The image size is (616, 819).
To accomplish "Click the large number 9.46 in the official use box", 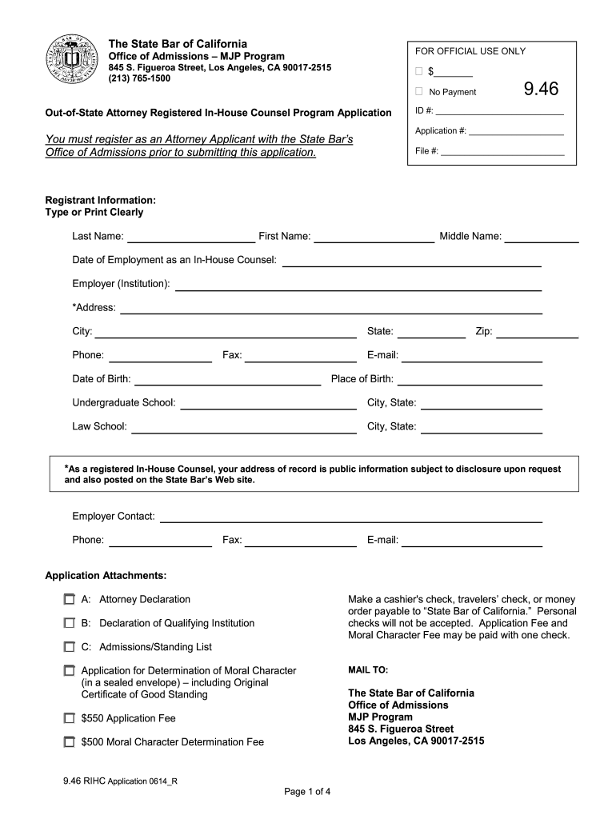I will coord(541,89).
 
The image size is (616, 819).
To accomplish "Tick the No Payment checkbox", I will coord(418,92).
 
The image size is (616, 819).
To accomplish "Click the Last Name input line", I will coord(190,237).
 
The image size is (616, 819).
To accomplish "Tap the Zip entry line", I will coord(537,332).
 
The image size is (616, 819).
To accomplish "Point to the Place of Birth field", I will coord(470,380).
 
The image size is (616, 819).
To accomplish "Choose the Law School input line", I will coord(243,427).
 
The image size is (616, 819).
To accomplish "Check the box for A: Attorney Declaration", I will coord(70,599).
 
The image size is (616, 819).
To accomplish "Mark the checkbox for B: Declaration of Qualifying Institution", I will coord(70,623).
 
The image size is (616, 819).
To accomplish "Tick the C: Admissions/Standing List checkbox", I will coord(70,647).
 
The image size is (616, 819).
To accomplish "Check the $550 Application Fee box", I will coord(70,718).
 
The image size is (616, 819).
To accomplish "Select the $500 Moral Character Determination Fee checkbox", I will coord(70,742).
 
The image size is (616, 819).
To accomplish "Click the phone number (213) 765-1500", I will coord(139,78).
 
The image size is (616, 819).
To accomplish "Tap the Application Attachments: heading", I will coord(106,575).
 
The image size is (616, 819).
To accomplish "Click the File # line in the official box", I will coord(502,150).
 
